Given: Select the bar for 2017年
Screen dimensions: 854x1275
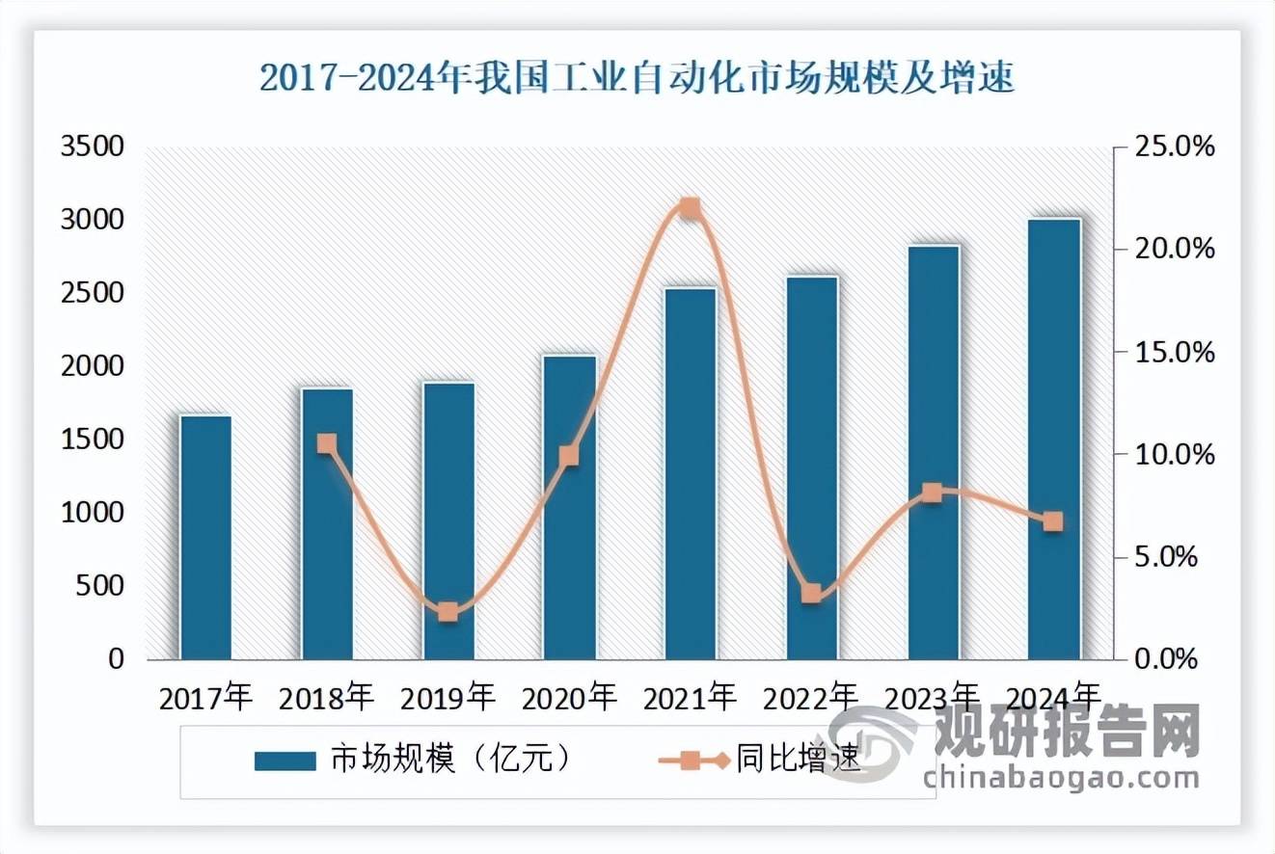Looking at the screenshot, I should tap(205, 537).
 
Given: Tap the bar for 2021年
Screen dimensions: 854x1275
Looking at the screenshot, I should tap(691, 473).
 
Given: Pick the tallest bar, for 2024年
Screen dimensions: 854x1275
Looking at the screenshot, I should tap(1054, 439).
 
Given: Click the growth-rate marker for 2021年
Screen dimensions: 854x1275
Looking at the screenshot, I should tap(691, 208).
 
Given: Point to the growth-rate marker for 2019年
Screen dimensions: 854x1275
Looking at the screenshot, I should tap(448, 612).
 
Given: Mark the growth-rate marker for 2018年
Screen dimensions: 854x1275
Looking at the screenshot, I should tap(327, 443).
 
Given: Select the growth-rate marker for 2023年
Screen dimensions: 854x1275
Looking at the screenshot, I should tap(933, 494).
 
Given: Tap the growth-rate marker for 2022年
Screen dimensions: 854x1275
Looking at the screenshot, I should tap(812, 593).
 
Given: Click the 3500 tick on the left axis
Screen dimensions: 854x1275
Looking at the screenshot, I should tap(94, 147).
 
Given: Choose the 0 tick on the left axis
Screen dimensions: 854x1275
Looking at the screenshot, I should tap(116, 660).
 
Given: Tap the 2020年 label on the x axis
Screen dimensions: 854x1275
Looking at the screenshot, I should tap(568, 696).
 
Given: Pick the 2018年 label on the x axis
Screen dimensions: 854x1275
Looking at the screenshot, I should tap(326, 696).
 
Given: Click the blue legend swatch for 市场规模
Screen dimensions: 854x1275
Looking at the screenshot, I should tap(285, 761).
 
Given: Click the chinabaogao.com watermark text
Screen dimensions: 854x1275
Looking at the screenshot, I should tap(1061, 777).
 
